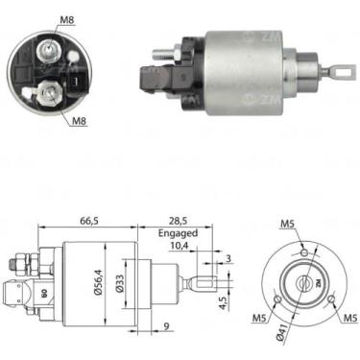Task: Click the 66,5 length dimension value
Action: [89, 221]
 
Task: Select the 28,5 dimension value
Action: [177, 221]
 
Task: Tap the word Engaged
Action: [178, 233]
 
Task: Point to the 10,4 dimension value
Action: [180, 246]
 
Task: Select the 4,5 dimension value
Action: [224, 302]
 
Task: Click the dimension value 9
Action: [166, 326]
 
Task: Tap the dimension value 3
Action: [228, 258]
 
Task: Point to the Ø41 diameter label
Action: [279, 335]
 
